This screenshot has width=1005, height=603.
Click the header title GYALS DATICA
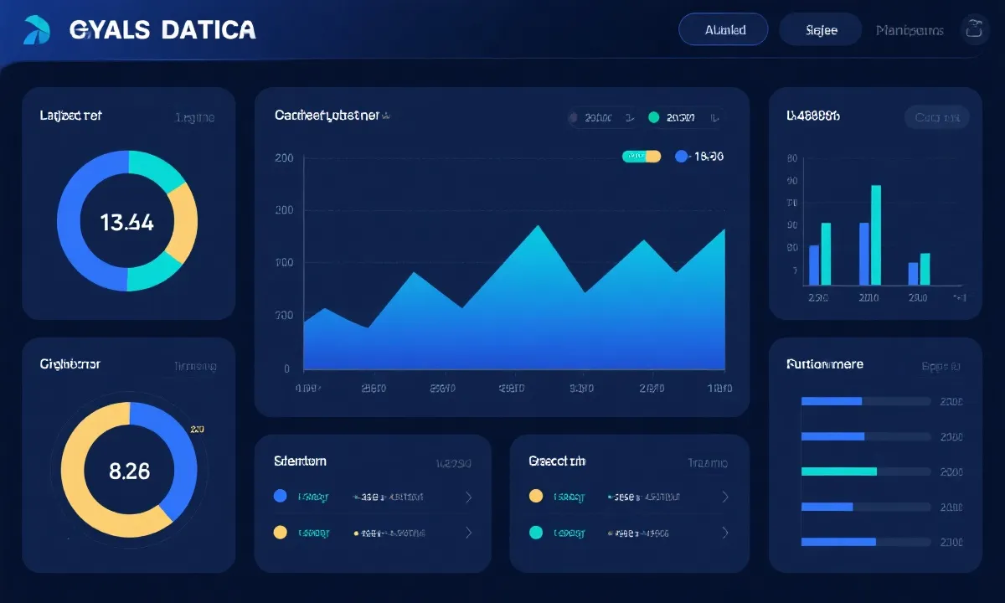click(162, 29)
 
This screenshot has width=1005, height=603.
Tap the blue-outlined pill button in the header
click(724, 29)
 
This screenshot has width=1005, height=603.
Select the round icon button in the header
click(973, 29)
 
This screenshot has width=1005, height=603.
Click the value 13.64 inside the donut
click(126, 222)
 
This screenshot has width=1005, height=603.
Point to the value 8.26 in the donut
click(130, 471)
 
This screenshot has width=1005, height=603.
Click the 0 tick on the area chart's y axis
click(286, 368)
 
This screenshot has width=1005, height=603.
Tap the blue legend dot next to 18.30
click(681, 157)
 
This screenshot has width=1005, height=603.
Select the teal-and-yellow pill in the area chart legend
click(642, 157)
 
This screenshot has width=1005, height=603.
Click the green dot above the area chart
click(654, 118)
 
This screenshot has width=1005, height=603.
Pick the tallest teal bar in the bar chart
click(876, 234)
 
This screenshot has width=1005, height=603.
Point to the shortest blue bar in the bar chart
click(913, 274)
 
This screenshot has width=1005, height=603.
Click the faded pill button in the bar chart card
click(936, 117)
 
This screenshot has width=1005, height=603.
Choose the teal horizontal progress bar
click(839, 472)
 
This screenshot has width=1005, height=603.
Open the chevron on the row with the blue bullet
click(468, 497)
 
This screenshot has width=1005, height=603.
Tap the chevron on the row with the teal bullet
click(725, 533)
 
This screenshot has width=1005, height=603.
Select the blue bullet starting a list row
click(281, 497)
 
